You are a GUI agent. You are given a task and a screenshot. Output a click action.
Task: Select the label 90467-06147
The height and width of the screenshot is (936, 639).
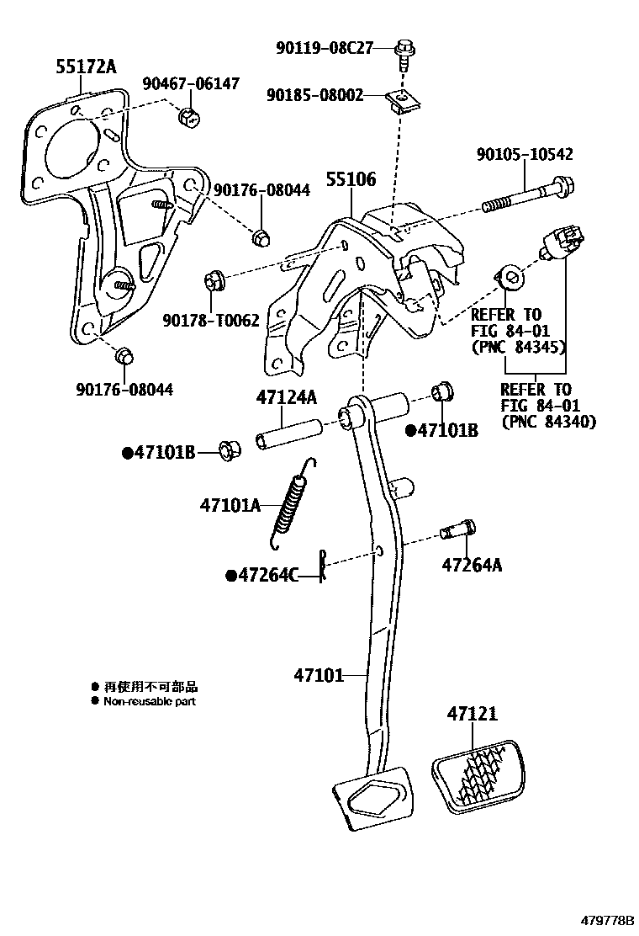click(x=190, y=83)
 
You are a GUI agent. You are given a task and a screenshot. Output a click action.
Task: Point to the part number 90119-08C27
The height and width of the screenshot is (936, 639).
click(x=324, y=48)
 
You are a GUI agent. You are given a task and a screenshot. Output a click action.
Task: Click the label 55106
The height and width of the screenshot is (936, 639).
click(x=351, y=179)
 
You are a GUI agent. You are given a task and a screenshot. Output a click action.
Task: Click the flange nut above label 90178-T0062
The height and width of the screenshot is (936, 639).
click(x=213, y=282)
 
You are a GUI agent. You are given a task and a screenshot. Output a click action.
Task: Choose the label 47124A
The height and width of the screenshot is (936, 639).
click(x=286, y=396)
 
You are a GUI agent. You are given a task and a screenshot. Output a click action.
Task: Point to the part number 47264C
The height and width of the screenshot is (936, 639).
click(x=267, y=575)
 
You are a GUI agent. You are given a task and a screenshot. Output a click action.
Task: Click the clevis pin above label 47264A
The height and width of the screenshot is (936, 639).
click(x=457, y=532)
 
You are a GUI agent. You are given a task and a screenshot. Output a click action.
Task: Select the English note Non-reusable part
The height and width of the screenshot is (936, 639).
click(x=149, y=701)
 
